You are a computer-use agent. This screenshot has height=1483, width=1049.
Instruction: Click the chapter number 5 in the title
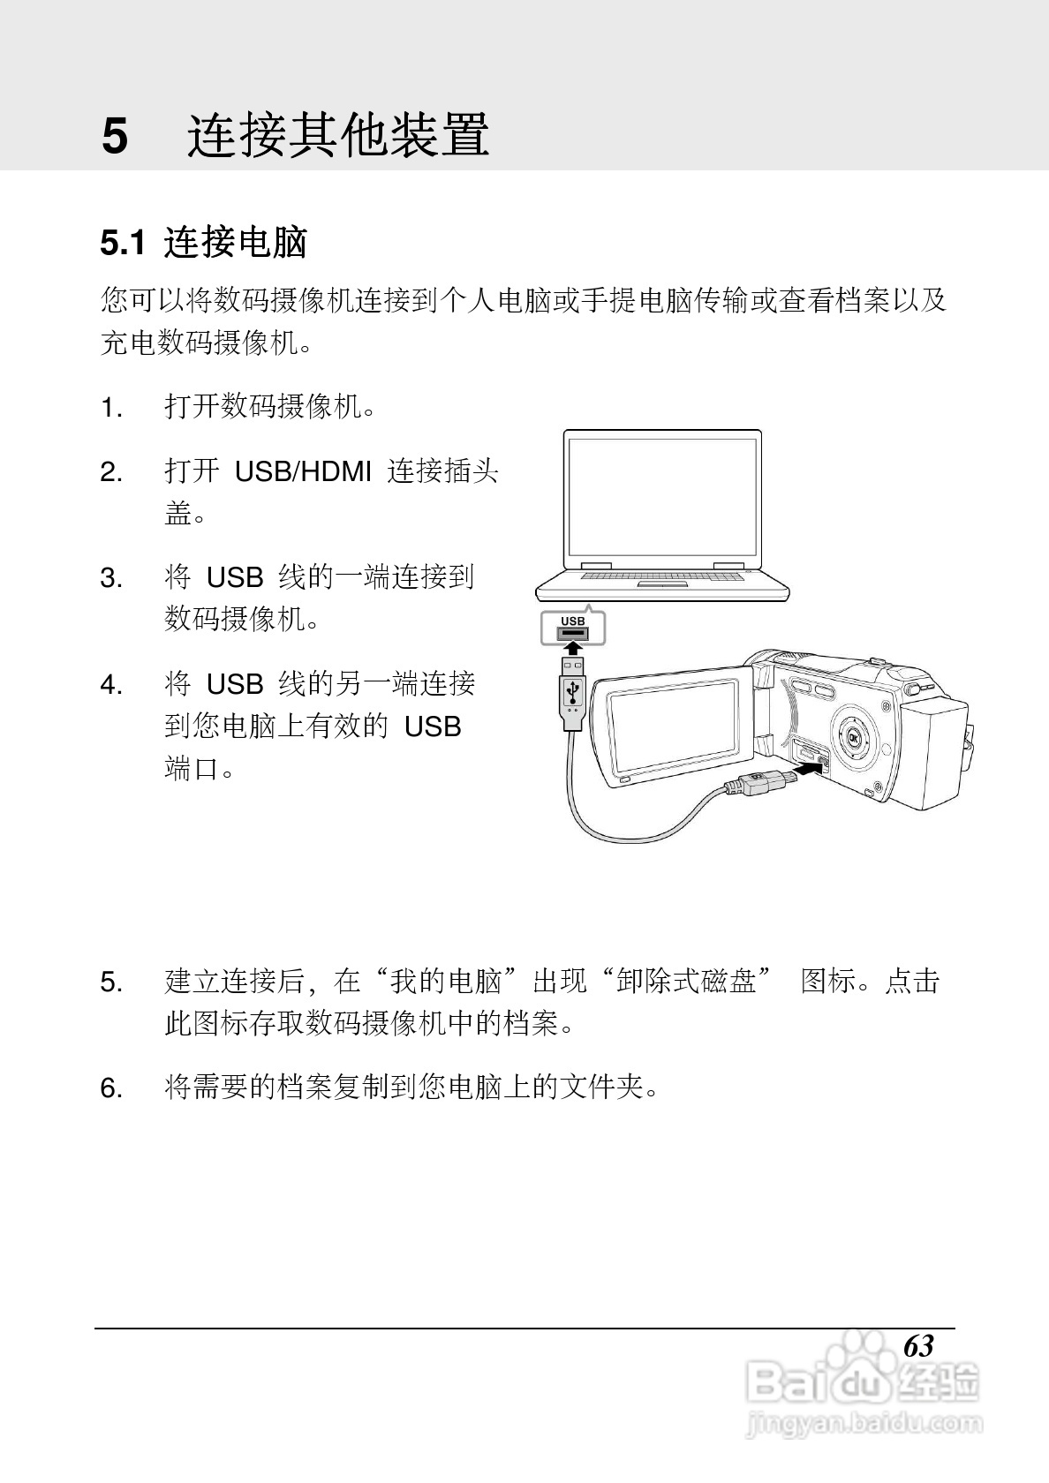click(x=116, y=137)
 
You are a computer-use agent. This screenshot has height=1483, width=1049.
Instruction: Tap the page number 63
click(x=918, y=1346)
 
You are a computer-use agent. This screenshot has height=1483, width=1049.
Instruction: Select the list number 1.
click(x=110, y=409)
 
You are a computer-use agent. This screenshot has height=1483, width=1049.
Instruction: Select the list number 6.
click(x=110, y=1088)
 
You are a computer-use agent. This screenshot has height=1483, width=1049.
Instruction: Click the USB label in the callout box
click(x=572, y=621)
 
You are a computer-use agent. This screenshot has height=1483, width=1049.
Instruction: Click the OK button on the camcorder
click(x=854, y=738)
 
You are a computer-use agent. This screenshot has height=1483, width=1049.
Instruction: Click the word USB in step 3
click(x=235, y=578)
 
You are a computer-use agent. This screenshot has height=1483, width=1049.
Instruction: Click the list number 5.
click(x=110, y=982)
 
